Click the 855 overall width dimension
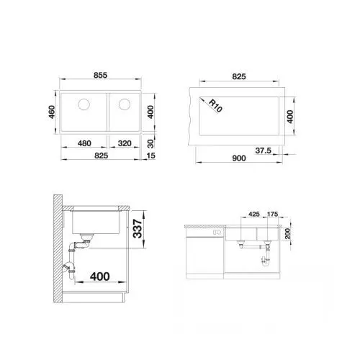[x=100, y=75]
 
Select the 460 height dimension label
[x=52, y=112]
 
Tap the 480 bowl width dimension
[x=84, y=143]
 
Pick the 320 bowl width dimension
[x=125, y=143]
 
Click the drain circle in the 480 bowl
[x=84, y=104]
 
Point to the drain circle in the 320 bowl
[x=125, y=104]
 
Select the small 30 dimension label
[x=150, y=143]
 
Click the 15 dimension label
[x=150, y=156]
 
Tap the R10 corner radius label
[x=215, y=106]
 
